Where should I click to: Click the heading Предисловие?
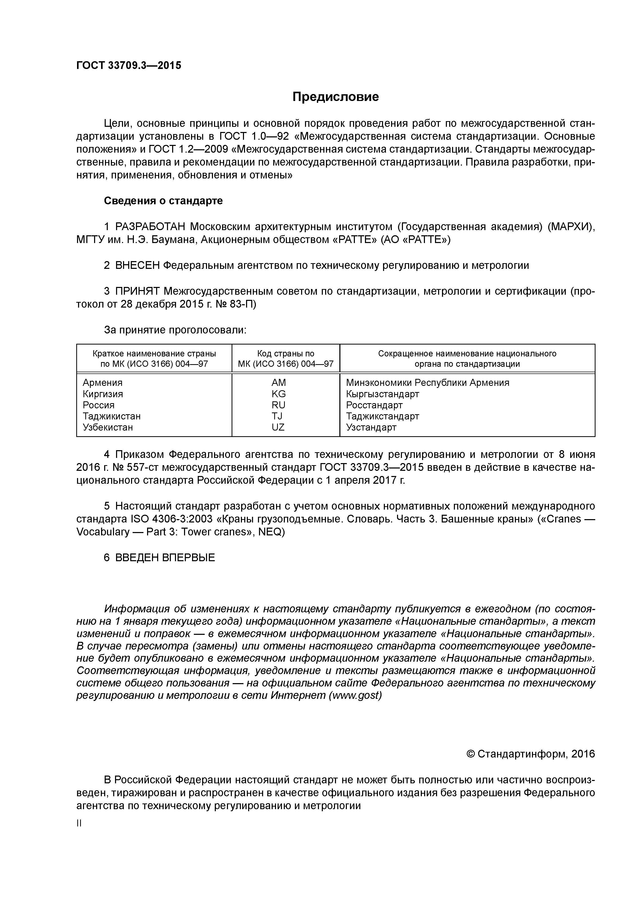click(x=335, y=97)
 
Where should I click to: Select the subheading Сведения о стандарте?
click(x=163, y=201)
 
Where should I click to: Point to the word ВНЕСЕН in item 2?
click(x=137, y=265)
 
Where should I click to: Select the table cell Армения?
click(x=103, y=382)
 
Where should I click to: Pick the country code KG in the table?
click(x=278, y=394)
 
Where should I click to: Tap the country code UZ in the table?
click(x=278, y=427)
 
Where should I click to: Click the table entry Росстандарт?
click(x=374, y=405)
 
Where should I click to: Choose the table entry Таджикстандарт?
click(x=382, y=416)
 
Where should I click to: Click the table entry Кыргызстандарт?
click(x=382, y=394)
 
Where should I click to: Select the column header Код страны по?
click(x=286, y=354)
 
